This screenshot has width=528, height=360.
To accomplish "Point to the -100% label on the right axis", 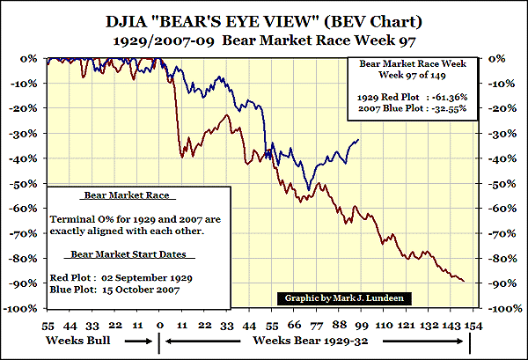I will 495,310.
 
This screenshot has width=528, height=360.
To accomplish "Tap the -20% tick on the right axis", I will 495,108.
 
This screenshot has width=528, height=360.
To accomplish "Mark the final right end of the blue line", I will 358,139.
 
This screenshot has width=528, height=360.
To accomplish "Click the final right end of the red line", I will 465,281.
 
